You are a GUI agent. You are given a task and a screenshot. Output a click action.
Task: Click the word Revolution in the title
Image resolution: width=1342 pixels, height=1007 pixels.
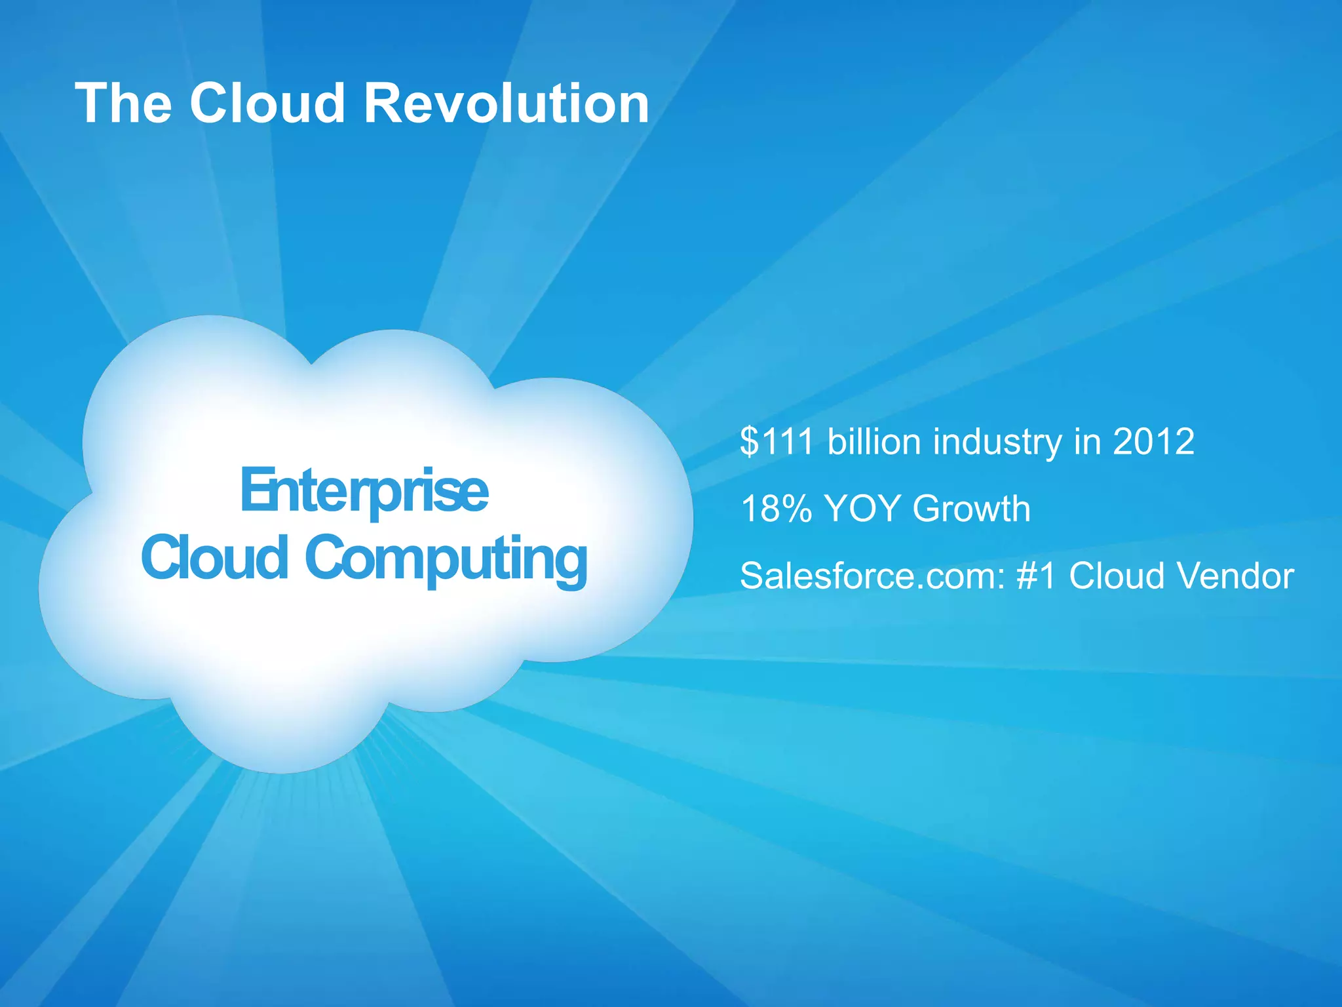coord(506,104)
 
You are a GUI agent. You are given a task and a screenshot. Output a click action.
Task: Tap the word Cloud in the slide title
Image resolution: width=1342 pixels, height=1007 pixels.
coord(267,104)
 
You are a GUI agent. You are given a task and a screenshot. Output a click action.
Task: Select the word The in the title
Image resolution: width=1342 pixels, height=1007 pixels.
coord(124,104)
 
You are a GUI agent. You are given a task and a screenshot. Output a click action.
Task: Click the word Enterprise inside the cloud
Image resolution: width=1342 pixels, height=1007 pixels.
coord(364,492)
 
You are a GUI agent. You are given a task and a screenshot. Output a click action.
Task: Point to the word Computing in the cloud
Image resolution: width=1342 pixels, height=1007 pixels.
coord(446,559)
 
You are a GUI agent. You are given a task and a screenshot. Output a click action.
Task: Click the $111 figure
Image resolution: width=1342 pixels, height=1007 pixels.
coord(776,441)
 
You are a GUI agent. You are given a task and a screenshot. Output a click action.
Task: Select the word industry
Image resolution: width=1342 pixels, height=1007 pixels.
coord(997,443)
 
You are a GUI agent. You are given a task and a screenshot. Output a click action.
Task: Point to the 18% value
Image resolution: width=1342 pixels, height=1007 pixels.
coord(776,509)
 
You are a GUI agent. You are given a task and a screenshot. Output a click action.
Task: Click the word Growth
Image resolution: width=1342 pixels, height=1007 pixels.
coord(971,509)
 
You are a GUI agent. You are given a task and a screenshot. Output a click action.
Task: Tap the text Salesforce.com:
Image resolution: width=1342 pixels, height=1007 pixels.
coord(872,576)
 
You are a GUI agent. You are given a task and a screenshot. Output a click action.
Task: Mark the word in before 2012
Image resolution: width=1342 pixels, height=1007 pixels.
coord(1087,441)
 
